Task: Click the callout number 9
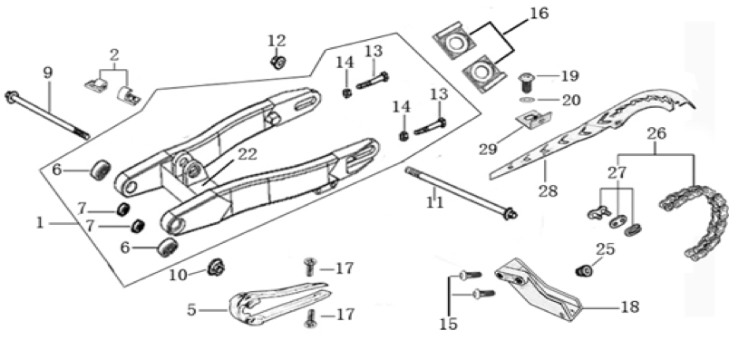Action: coord(48,73)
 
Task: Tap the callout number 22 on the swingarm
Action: coord(248,155)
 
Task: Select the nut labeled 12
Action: coord(278,62)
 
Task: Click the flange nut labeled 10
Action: coord(216,267)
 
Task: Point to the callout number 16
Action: coord(539,14)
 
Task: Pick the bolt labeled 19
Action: coord(527,83)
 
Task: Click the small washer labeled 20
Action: coord(527,100)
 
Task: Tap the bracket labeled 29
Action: coord(534,120)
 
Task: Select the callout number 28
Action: coord(549,190)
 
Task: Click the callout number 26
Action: coord(656,134)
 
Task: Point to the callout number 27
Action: coord(617,173)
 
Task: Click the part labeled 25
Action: coord(584,269)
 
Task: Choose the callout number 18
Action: coord(630,307)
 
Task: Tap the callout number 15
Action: coord(449,325)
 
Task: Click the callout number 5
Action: coord(191,310)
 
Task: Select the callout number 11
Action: coord(434,202)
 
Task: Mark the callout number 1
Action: coord(40,223)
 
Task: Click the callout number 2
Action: coord(114,55)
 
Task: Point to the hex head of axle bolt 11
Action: coord(511,214)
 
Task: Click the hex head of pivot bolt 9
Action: coord(11,97)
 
